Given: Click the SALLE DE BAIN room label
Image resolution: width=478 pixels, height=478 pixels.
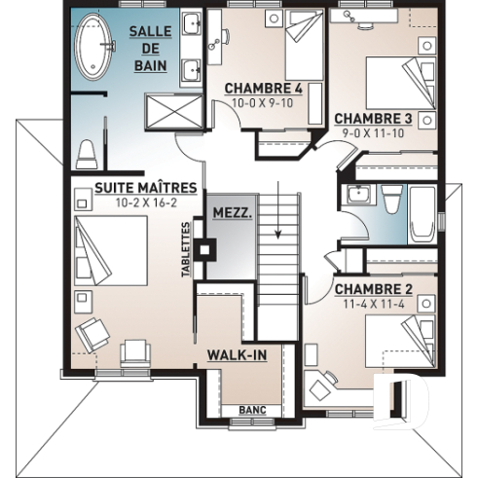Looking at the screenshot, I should [x=150, y=48].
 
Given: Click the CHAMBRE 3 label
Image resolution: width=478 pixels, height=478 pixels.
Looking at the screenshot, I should [x=374, y=119].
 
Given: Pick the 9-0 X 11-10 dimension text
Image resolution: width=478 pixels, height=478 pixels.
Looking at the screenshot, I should [x=374, y=133].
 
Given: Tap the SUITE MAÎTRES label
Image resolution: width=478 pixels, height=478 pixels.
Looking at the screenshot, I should [x=146, y=188].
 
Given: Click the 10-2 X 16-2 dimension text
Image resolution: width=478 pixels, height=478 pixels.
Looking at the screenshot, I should [x=146, y=202].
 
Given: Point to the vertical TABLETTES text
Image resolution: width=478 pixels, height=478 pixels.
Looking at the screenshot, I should [x=186, y=249].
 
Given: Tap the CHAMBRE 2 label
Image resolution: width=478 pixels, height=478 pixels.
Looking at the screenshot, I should [x=374, y=289].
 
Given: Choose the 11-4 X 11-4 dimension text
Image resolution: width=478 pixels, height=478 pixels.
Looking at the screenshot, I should [x=374, y=304].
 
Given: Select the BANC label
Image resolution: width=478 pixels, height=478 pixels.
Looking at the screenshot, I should [x=251, y=410].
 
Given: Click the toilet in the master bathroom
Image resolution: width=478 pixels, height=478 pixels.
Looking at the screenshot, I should [x=88, y=154].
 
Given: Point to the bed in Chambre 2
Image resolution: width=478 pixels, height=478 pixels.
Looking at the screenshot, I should [x=404, y=341].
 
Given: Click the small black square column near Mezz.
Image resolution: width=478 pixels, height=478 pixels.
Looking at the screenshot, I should [x=203, y=248].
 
